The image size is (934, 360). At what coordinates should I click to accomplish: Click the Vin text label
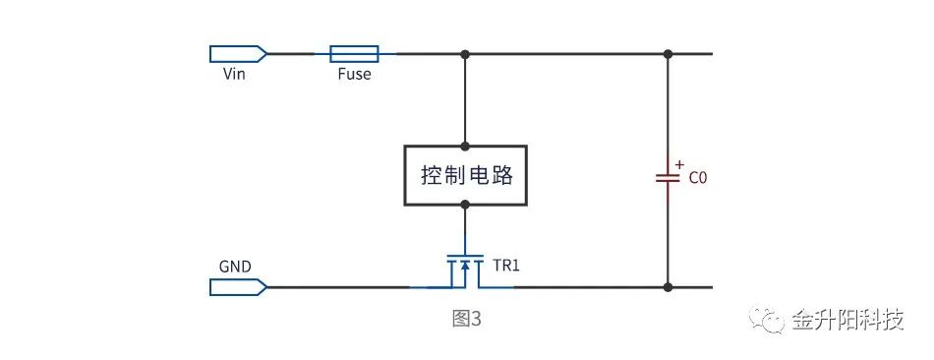pos(234,74)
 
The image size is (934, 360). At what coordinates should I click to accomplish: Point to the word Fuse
pos(353,74)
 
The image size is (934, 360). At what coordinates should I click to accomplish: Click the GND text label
pos(235,267)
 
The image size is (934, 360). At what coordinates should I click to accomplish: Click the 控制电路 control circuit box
pos(465,176)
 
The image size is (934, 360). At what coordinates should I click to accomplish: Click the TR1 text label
pos(506,267)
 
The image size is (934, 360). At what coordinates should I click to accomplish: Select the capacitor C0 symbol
pos(669,178)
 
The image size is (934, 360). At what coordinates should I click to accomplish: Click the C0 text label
pos(697,179)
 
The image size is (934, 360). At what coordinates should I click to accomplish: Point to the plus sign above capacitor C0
pos(679,164)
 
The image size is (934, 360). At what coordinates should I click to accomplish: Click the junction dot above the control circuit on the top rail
pos(465,53)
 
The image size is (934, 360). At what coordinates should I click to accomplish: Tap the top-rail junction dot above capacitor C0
pos(669,53)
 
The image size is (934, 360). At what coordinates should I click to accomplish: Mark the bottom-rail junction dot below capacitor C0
pos(669,287)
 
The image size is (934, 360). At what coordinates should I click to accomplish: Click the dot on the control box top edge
pos(465,147)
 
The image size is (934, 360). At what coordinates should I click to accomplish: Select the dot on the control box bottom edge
pos(465,205)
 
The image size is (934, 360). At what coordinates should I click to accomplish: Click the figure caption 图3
pos(466,320)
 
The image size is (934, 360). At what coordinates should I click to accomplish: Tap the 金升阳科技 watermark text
pos(847,321)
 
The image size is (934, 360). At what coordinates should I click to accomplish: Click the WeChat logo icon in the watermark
pos(768,321)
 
